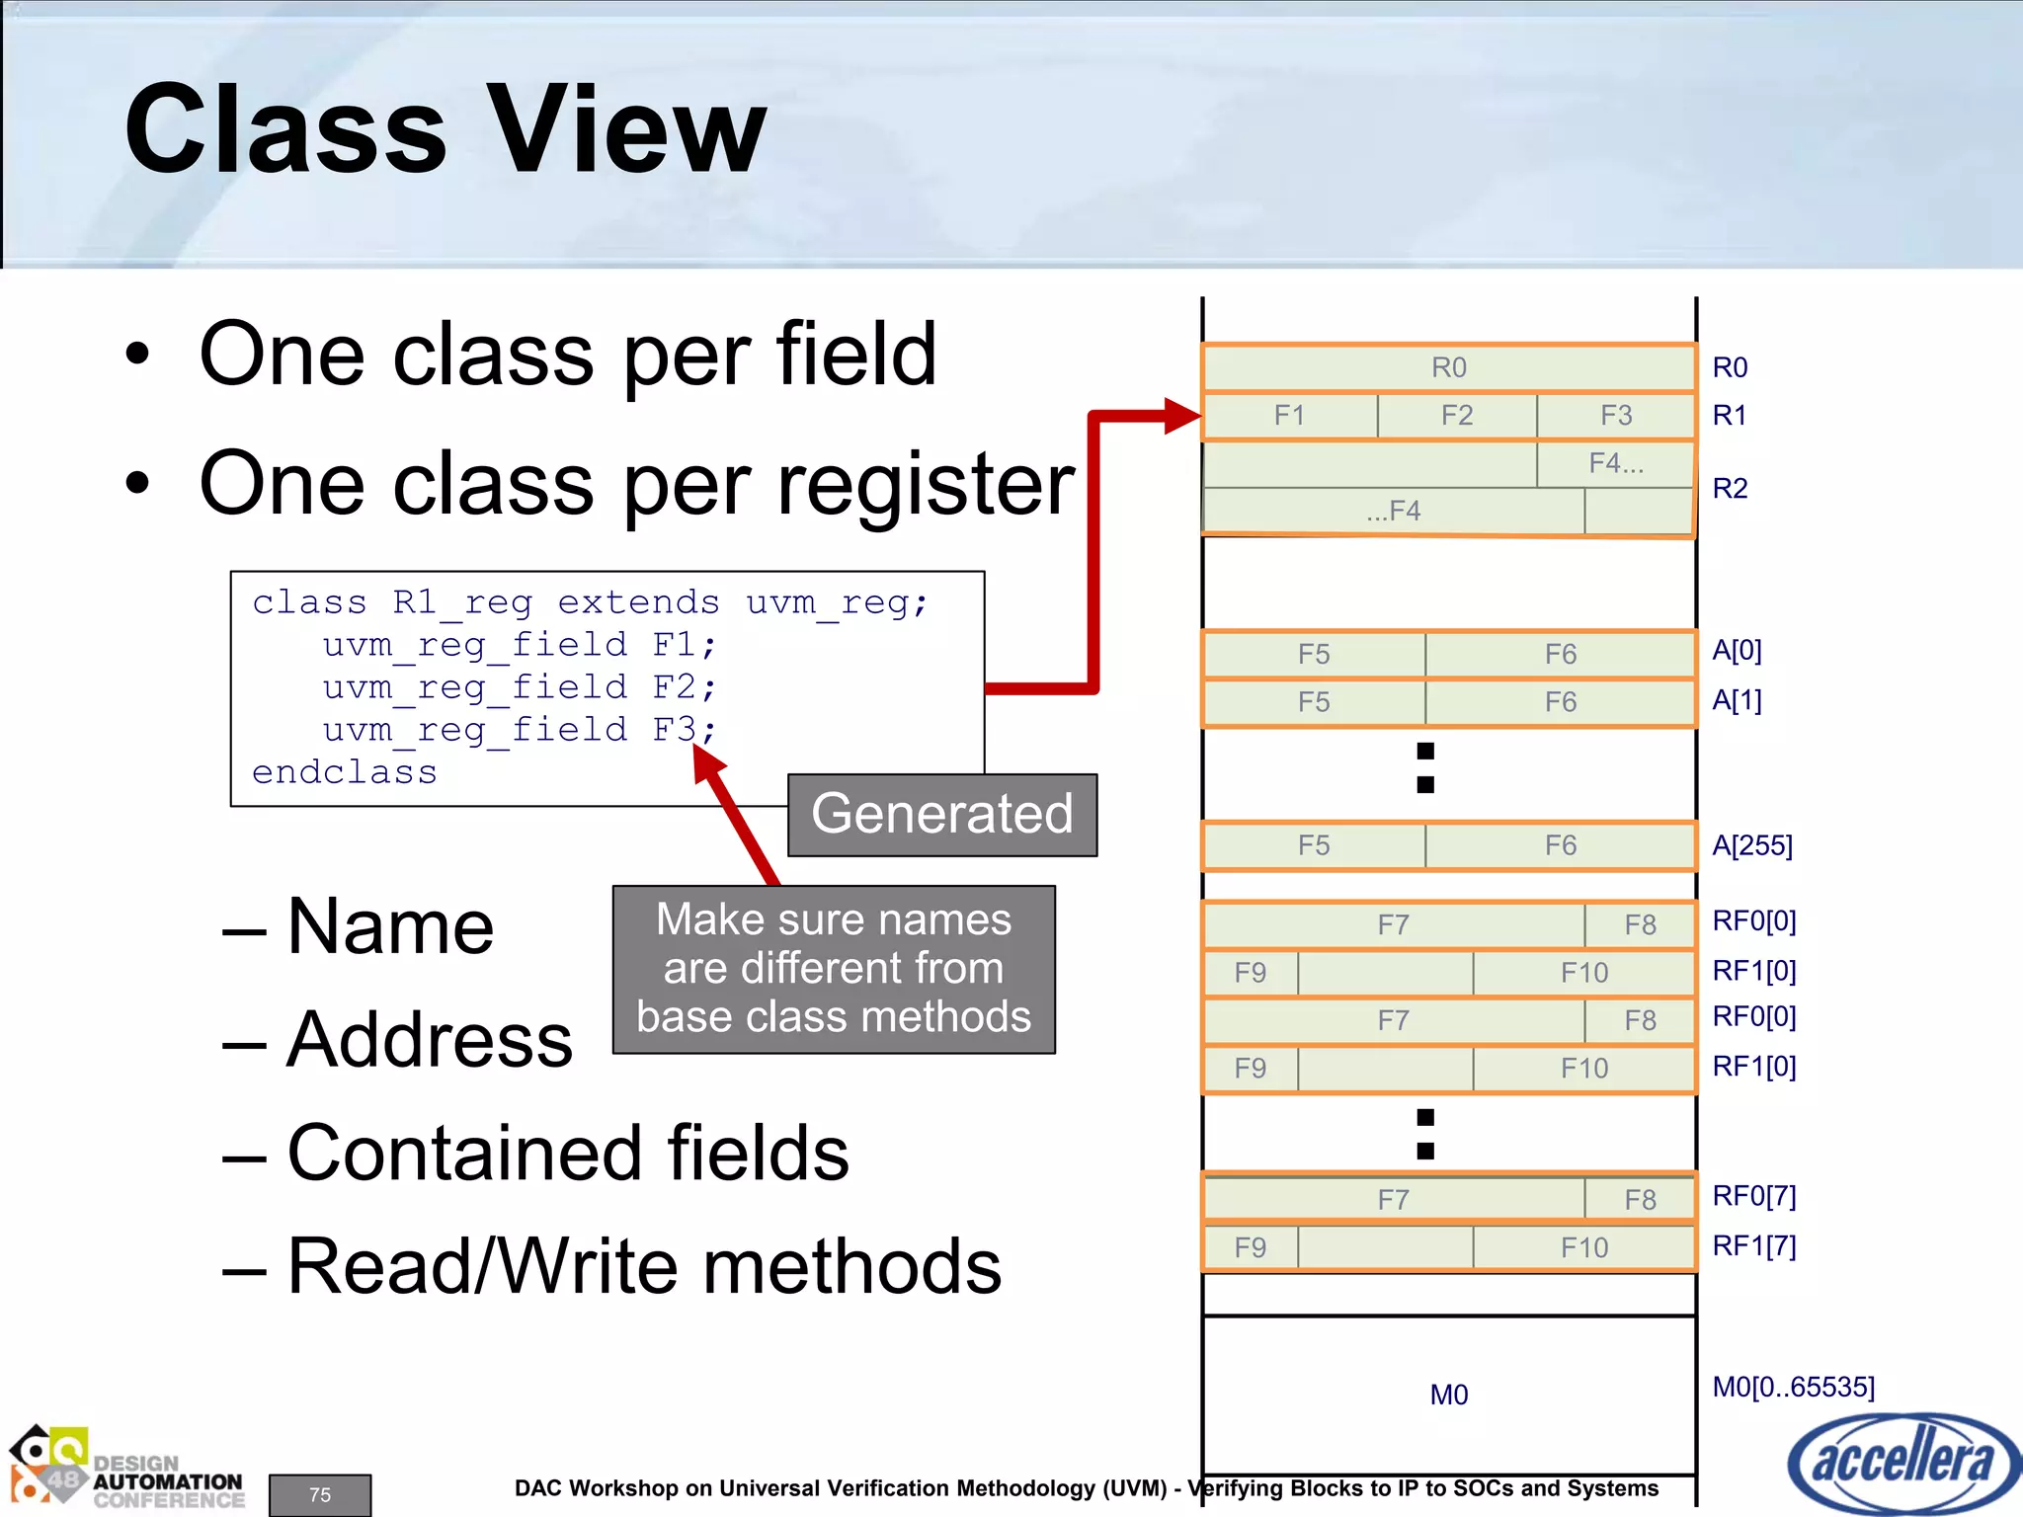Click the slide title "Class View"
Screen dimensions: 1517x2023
click(445, 130)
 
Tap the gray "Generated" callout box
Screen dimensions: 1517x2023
click(941, 815)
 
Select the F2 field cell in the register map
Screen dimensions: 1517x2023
click(1456, 416)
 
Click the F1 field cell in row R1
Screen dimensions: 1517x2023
click(1289, 416)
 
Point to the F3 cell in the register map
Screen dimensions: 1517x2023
click(1616, 416)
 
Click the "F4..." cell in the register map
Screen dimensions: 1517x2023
click(1616, 463)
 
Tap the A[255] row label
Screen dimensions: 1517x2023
click(1751, 845)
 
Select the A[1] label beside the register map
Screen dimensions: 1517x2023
click(1737, 700)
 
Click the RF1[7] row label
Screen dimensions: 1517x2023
click(1753, 1246)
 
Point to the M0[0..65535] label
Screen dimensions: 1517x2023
click(1793, 1387)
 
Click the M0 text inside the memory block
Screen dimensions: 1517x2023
click(1448, 1395)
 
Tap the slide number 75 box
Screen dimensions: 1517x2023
click(320, 1494)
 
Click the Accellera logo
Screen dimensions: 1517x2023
click(1903, 1463)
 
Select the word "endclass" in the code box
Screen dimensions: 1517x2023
click(344, 772)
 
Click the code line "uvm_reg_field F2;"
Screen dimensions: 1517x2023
click(519, 687)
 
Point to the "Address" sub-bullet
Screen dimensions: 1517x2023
click(429, 1040)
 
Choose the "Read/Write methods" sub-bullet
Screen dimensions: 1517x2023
click(643, 1266)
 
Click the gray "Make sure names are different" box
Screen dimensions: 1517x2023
click(834, 969)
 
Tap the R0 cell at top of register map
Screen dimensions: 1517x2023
click(1448, 367)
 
